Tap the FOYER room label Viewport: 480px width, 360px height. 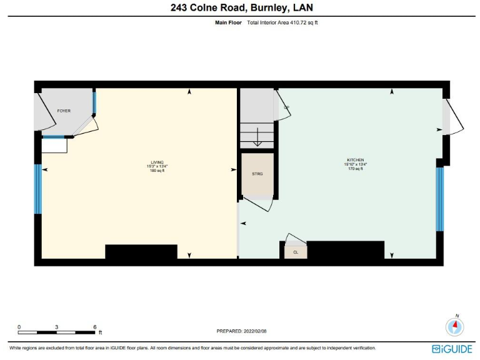coord(63,110)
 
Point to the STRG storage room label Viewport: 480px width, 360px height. coord(257,173)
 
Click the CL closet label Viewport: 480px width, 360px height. coord(295,252)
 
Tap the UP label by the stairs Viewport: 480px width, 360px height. coord(286,107)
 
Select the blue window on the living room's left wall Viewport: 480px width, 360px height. coord(37,189)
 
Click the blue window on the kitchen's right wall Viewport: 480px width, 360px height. coord(439,199)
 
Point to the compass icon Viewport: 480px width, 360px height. coord(455,326)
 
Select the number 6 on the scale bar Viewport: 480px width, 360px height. coord(94,327)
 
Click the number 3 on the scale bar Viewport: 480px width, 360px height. coord(57,327)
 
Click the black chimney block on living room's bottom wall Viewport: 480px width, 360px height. coord(141,251)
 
